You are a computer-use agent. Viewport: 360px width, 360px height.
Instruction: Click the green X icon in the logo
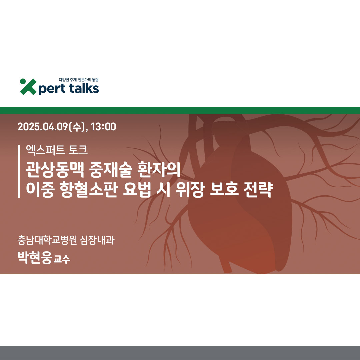[28, 87]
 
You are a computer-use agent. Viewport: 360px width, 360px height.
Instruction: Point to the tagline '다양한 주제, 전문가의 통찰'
[79, 80]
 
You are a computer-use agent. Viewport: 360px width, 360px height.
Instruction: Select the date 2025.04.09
[43, 127]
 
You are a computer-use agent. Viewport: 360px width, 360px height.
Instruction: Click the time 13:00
[103, 127]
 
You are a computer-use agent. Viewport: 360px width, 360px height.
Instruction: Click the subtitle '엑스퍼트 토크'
[57, 150]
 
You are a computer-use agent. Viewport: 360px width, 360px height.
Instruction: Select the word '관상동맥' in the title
[55, 170]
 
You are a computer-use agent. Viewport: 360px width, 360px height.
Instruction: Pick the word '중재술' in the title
[111, 170]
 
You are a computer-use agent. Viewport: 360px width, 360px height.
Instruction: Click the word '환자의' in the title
[159, 169]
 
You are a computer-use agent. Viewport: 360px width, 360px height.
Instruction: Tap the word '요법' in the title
[137, 190]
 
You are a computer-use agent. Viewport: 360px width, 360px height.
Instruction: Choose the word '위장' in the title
[190, 190]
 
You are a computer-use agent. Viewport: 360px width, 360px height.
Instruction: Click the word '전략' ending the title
[259, 190]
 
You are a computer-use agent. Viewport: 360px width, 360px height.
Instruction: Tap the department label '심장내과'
[97, 240]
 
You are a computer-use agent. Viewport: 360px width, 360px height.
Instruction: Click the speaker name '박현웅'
[35, 258]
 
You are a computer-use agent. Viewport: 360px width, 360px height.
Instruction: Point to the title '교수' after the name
[62, 259]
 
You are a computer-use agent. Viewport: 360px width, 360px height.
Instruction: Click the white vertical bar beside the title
[19, 171]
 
